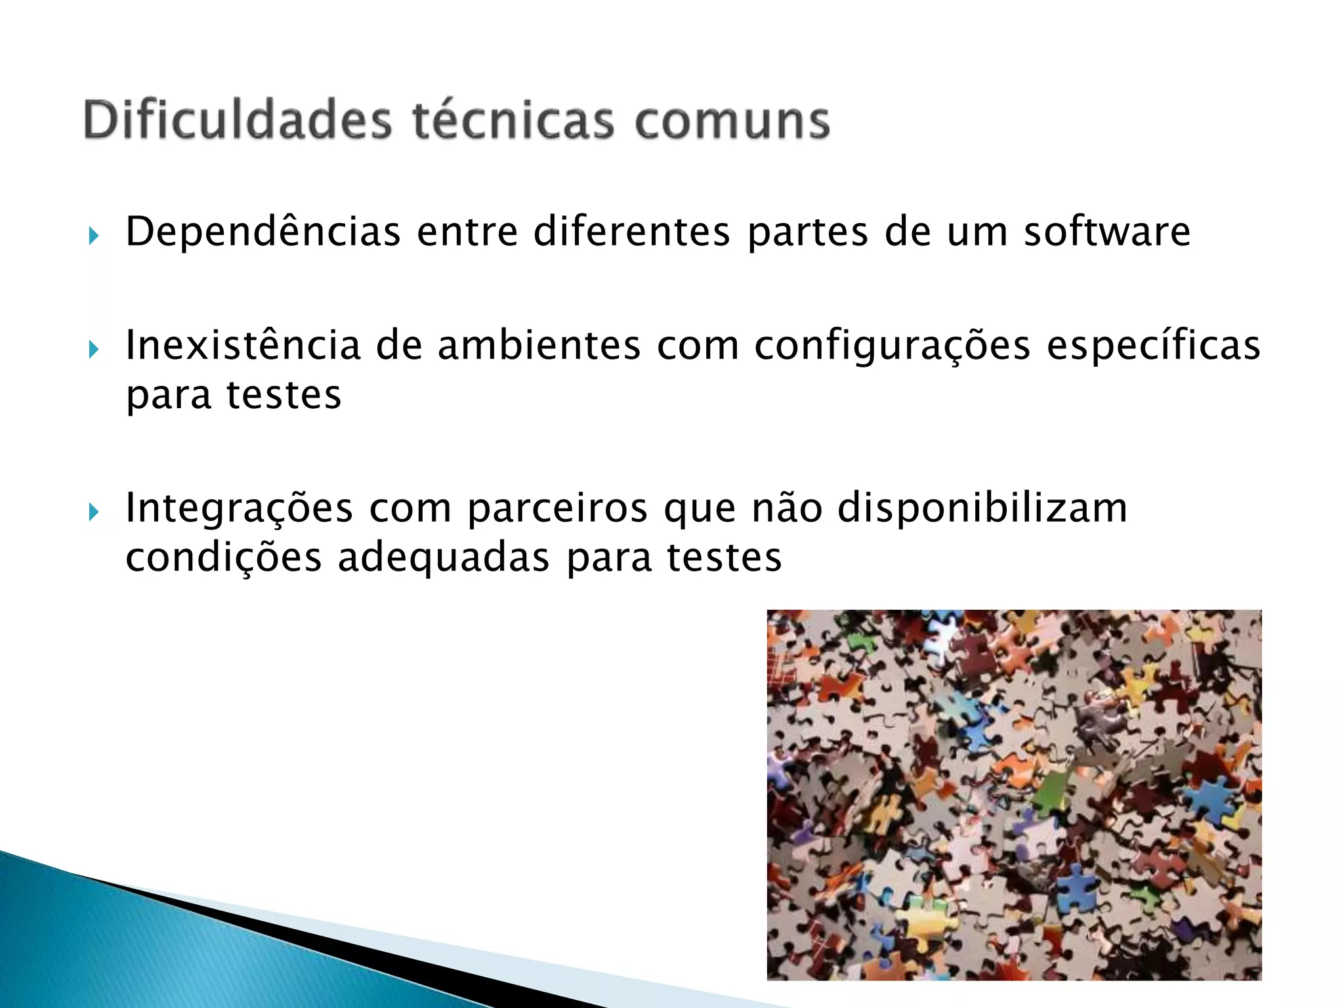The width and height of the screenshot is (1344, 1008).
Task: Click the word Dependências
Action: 262,232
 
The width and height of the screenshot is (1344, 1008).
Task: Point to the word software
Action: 1107,232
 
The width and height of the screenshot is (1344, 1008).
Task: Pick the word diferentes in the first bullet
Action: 631,232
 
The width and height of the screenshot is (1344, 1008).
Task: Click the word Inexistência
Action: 243,345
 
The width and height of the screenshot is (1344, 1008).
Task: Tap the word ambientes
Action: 539,345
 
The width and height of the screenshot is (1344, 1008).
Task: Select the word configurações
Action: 892,346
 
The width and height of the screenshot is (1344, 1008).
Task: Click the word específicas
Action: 1153,346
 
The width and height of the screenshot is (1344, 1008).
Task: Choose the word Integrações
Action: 239,509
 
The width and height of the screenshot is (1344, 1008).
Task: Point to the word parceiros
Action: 557,509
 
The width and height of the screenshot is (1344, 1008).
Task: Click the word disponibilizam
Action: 982,508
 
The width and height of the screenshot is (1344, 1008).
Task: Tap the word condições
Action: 223,558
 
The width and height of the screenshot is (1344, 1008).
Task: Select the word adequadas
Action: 444,558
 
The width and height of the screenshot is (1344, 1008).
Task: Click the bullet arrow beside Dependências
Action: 93,236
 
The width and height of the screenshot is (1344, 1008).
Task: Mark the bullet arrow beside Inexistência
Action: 93,349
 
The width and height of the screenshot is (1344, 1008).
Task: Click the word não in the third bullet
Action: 787,508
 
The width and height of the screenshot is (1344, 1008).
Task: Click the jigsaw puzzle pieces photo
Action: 1014,795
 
